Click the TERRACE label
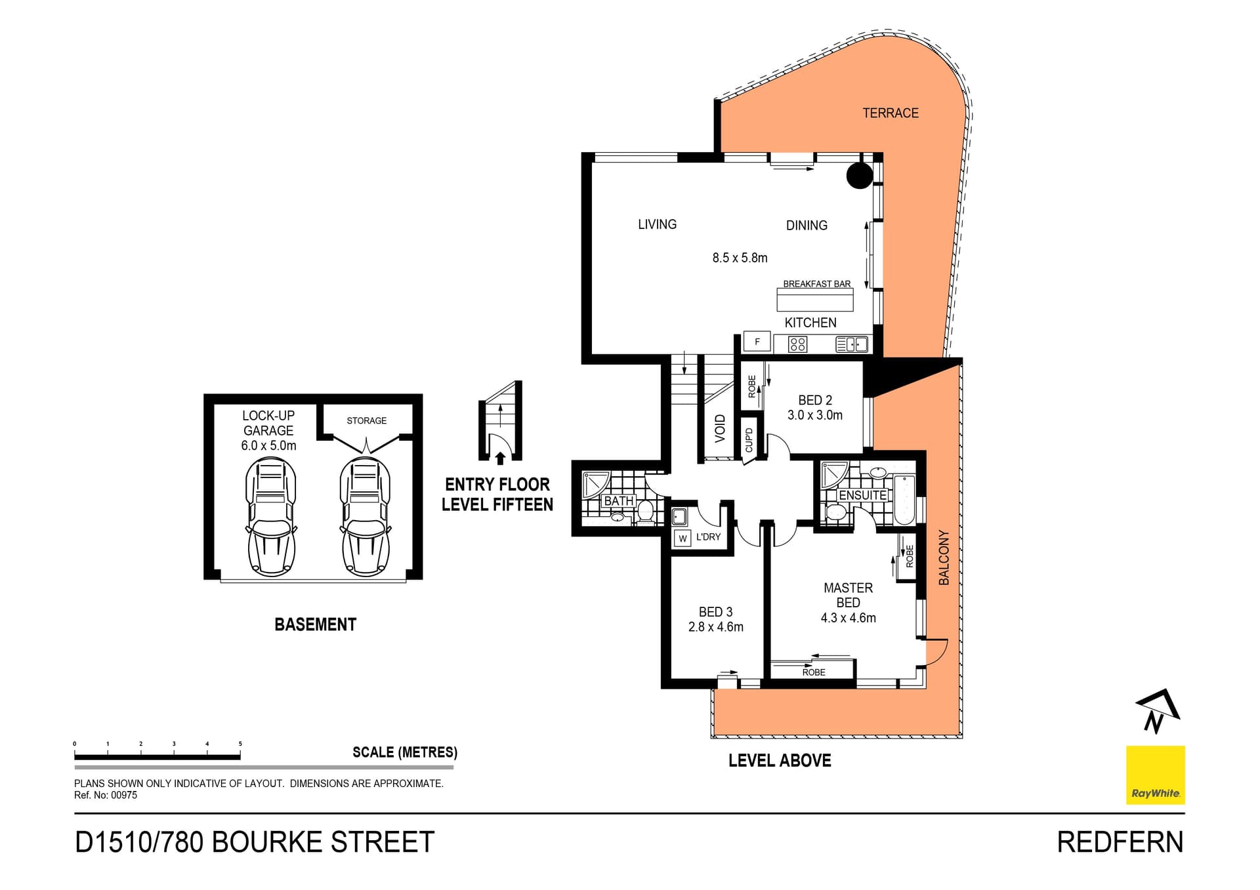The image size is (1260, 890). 890,113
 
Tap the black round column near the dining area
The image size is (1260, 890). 859,175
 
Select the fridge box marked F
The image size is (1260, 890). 757,342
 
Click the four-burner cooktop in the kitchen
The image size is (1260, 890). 797,344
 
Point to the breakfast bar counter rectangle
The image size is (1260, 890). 814,300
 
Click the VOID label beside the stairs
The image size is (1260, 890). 720,428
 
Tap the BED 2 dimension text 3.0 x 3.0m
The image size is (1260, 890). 815,415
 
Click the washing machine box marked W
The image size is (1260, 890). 682,538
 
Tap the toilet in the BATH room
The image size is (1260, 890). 645,510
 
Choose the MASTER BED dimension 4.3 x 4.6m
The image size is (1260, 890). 848,618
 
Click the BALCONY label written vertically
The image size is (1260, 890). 944,557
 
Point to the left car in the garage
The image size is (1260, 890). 271,516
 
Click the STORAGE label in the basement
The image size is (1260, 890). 366,420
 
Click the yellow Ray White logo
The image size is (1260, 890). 1155,775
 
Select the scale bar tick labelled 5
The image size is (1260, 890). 240,744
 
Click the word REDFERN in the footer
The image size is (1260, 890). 1120,842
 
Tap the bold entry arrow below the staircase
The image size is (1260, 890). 500,458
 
